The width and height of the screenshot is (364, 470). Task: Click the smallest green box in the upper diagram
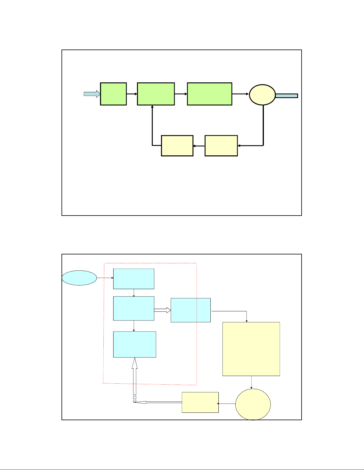113,94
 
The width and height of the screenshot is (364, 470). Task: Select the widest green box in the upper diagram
209,94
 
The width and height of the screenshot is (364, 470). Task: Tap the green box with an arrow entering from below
156,94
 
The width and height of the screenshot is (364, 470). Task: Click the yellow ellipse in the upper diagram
262,95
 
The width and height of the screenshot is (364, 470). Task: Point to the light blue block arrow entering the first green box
92,94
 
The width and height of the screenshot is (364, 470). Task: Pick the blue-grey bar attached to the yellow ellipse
286,96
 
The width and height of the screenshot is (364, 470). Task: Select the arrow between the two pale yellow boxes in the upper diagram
199,146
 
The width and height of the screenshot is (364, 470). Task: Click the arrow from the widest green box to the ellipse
240,94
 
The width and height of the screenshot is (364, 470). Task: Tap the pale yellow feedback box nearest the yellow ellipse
221,146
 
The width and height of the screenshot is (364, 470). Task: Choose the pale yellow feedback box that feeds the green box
177,146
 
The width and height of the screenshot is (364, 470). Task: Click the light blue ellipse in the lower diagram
79,278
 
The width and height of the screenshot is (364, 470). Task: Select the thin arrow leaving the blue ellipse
105,278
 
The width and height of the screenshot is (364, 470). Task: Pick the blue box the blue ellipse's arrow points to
134,279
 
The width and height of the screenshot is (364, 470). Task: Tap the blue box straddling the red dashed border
190,310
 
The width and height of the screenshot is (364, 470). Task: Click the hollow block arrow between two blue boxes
162,310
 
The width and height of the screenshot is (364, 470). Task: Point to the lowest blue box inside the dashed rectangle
135,344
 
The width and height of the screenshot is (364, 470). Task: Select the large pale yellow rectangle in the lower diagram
251,349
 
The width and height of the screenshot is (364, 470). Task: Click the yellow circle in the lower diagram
253,404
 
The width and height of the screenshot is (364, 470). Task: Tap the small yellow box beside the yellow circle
200,402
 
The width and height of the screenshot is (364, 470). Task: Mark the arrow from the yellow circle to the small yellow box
227,404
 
